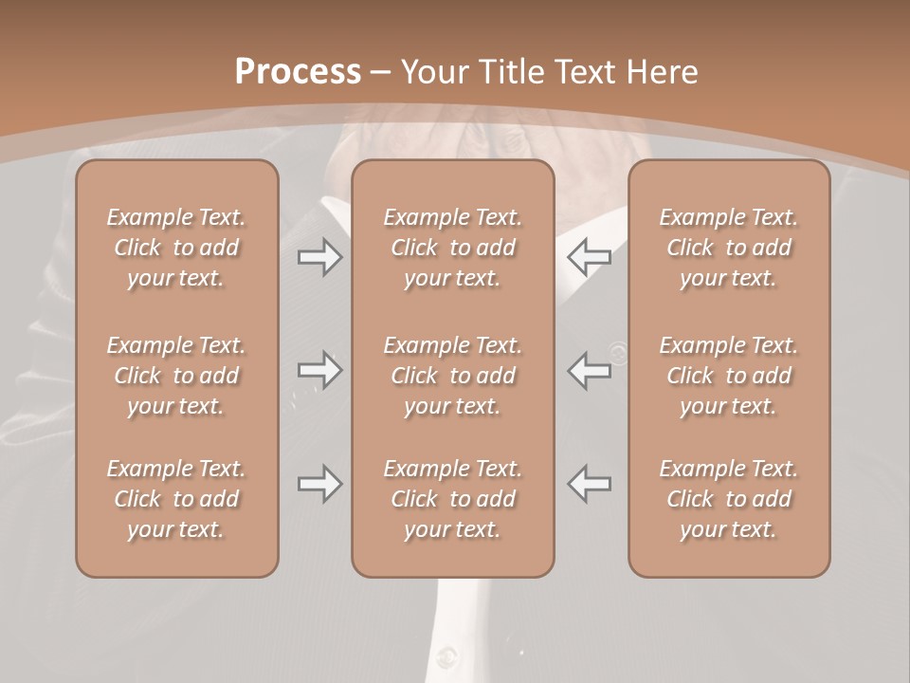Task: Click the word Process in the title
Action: click(x=298, y=72)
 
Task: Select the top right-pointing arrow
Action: click(x=320, y=256)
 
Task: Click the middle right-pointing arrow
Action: click(x=320, y=369)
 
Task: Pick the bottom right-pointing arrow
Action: click(x=320, y=484)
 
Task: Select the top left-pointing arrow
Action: click(x=590, y=256)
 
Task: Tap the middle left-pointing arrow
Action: click(x=590, y=369)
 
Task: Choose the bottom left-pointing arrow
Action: click(x=590, y=484)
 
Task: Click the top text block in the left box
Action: click(x=176, y=248)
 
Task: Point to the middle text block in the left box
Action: click(x=176, y=376)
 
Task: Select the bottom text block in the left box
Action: click(x=176, y=499)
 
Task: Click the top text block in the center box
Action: click(x=453, y=248)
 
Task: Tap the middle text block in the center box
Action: click(x=453, y=376)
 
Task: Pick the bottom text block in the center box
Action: click(x=453, y=499)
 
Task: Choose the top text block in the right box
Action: click(x=729, y=248)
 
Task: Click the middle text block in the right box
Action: click(x=729, y=376)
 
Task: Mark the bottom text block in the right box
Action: click(x=729, y=499)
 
